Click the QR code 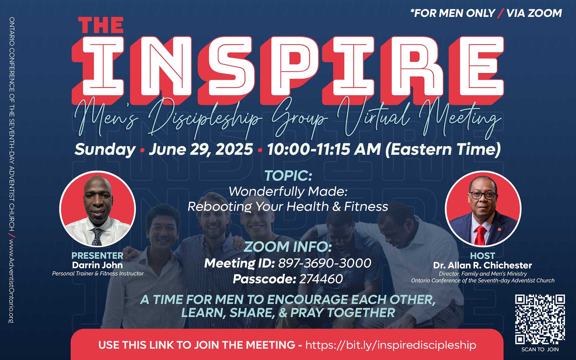pos(540,319)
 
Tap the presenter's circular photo pos(97,209)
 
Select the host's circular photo pos(483,209)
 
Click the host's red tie pos(480,235)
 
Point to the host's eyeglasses pos(483,195)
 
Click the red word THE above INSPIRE pos(101,25)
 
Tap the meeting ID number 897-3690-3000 pos(325,263)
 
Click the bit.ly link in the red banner pos(391,345)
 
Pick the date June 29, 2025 pos(201,149)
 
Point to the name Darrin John pos(97,265)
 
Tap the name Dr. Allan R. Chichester pos(483,265)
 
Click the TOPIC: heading pos(288,176)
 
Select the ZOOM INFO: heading pos(288,247)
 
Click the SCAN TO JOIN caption pos(540,350)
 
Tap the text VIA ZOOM pos(534,13)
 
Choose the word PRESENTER pos(97,256)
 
